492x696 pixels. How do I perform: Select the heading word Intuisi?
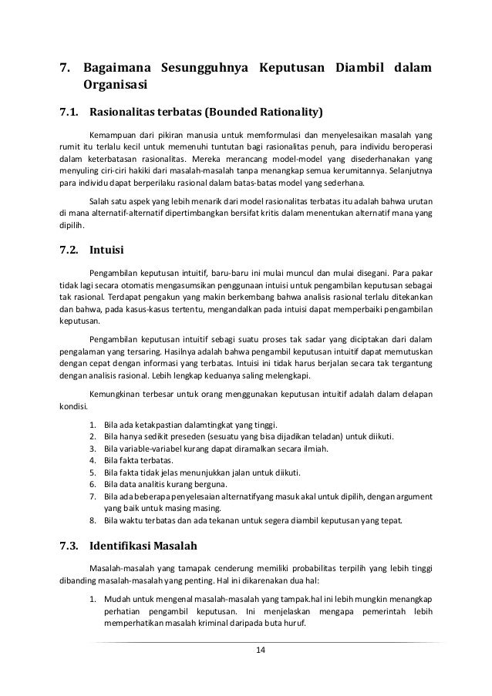click(x=106, y=250)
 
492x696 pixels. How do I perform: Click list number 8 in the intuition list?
click(x=93, y=521)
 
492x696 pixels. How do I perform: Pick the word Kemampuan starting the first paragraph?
click(x=110, y=131)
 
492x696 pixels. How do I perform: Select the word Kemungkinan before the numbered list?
click(x=116, y=395)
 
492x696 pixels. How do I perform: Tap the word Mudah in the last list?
click(x=116, y=599)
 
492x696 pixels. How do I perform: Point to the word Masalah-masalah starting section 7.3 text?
click(x=120, y=570)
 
